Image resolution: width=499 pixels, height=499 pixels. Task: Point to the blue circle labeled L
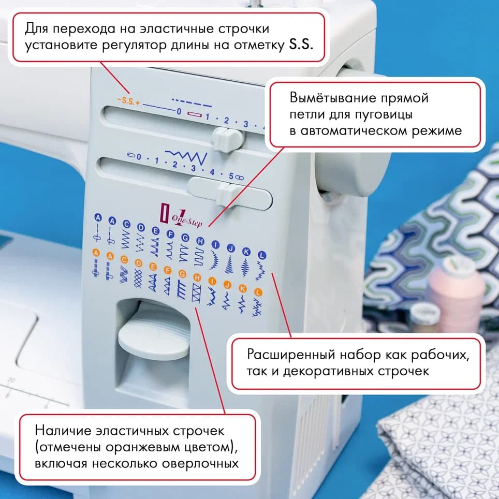[262, 255]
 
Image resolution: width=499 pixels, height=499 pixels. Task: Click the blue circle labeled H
[200, 241]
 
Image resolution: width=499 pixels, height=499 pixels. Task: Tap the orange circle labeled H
[197, 277]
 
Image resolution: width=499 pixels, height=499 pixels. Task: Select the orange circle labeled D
[138, 263]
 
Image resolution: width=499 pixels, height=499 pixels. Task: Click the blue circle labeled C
[126, 224]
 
